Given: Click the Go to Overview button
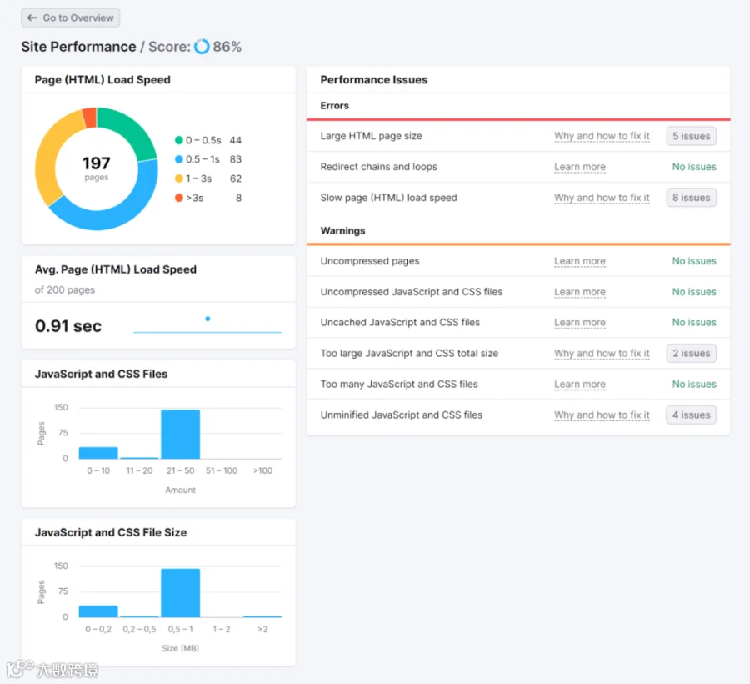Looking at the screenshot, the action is [70, 18].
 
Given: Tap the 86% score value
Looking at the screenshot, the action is [227, 47].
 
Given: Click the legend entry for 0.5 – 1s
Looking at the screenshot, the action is [208, 159].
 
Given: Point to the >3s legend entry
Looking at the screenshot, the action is [208, 198].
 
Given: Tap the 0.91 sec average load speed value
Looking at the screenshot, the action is [68, 326].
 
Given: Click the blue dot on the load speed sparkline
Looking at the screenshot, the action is [207, 319].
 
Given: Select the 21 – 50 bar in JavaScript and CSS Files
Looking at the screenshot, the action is [180, 434].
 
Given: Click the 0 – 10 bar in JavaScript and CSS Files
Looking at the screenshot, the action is [98, 453].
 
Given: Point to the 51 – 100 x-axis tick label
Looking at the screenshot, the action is [222, 470].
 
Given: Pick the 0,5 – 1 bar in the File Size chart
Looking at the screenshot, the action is [180, 593].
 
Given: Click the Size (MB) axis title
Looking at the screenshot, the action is [180, 648].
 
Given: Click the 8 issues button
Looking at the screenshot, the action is [691, 198].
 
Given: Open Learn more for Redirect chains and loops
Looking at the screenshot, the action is [580, 167].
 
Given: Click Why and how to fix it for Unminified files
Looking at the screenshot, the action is [602, 415].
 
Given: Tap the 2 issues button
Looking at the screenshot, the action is [691, 353].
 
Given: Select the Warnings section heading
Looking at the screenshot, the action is [343, 231].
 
